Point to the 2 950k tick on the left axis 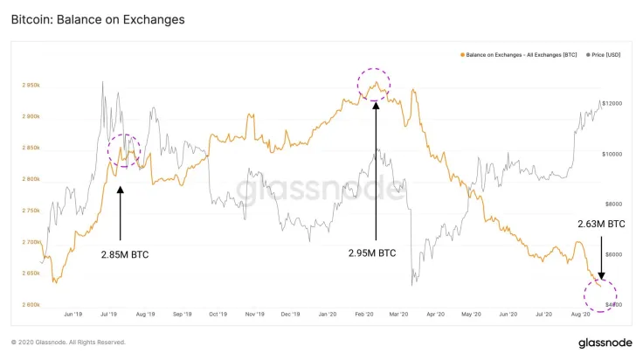(x=31, y=86)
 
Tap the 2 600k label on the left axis (x=31, y=304)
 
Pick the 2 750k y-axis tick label (x=31, y=211)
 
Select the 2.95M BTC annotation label (x=372, y=253)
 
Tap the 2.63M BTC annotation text (x=601, y=225)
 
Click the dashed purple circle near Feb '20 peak (x=374, y=85)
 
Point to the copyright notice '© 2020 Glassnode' (x=68, y=342)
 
